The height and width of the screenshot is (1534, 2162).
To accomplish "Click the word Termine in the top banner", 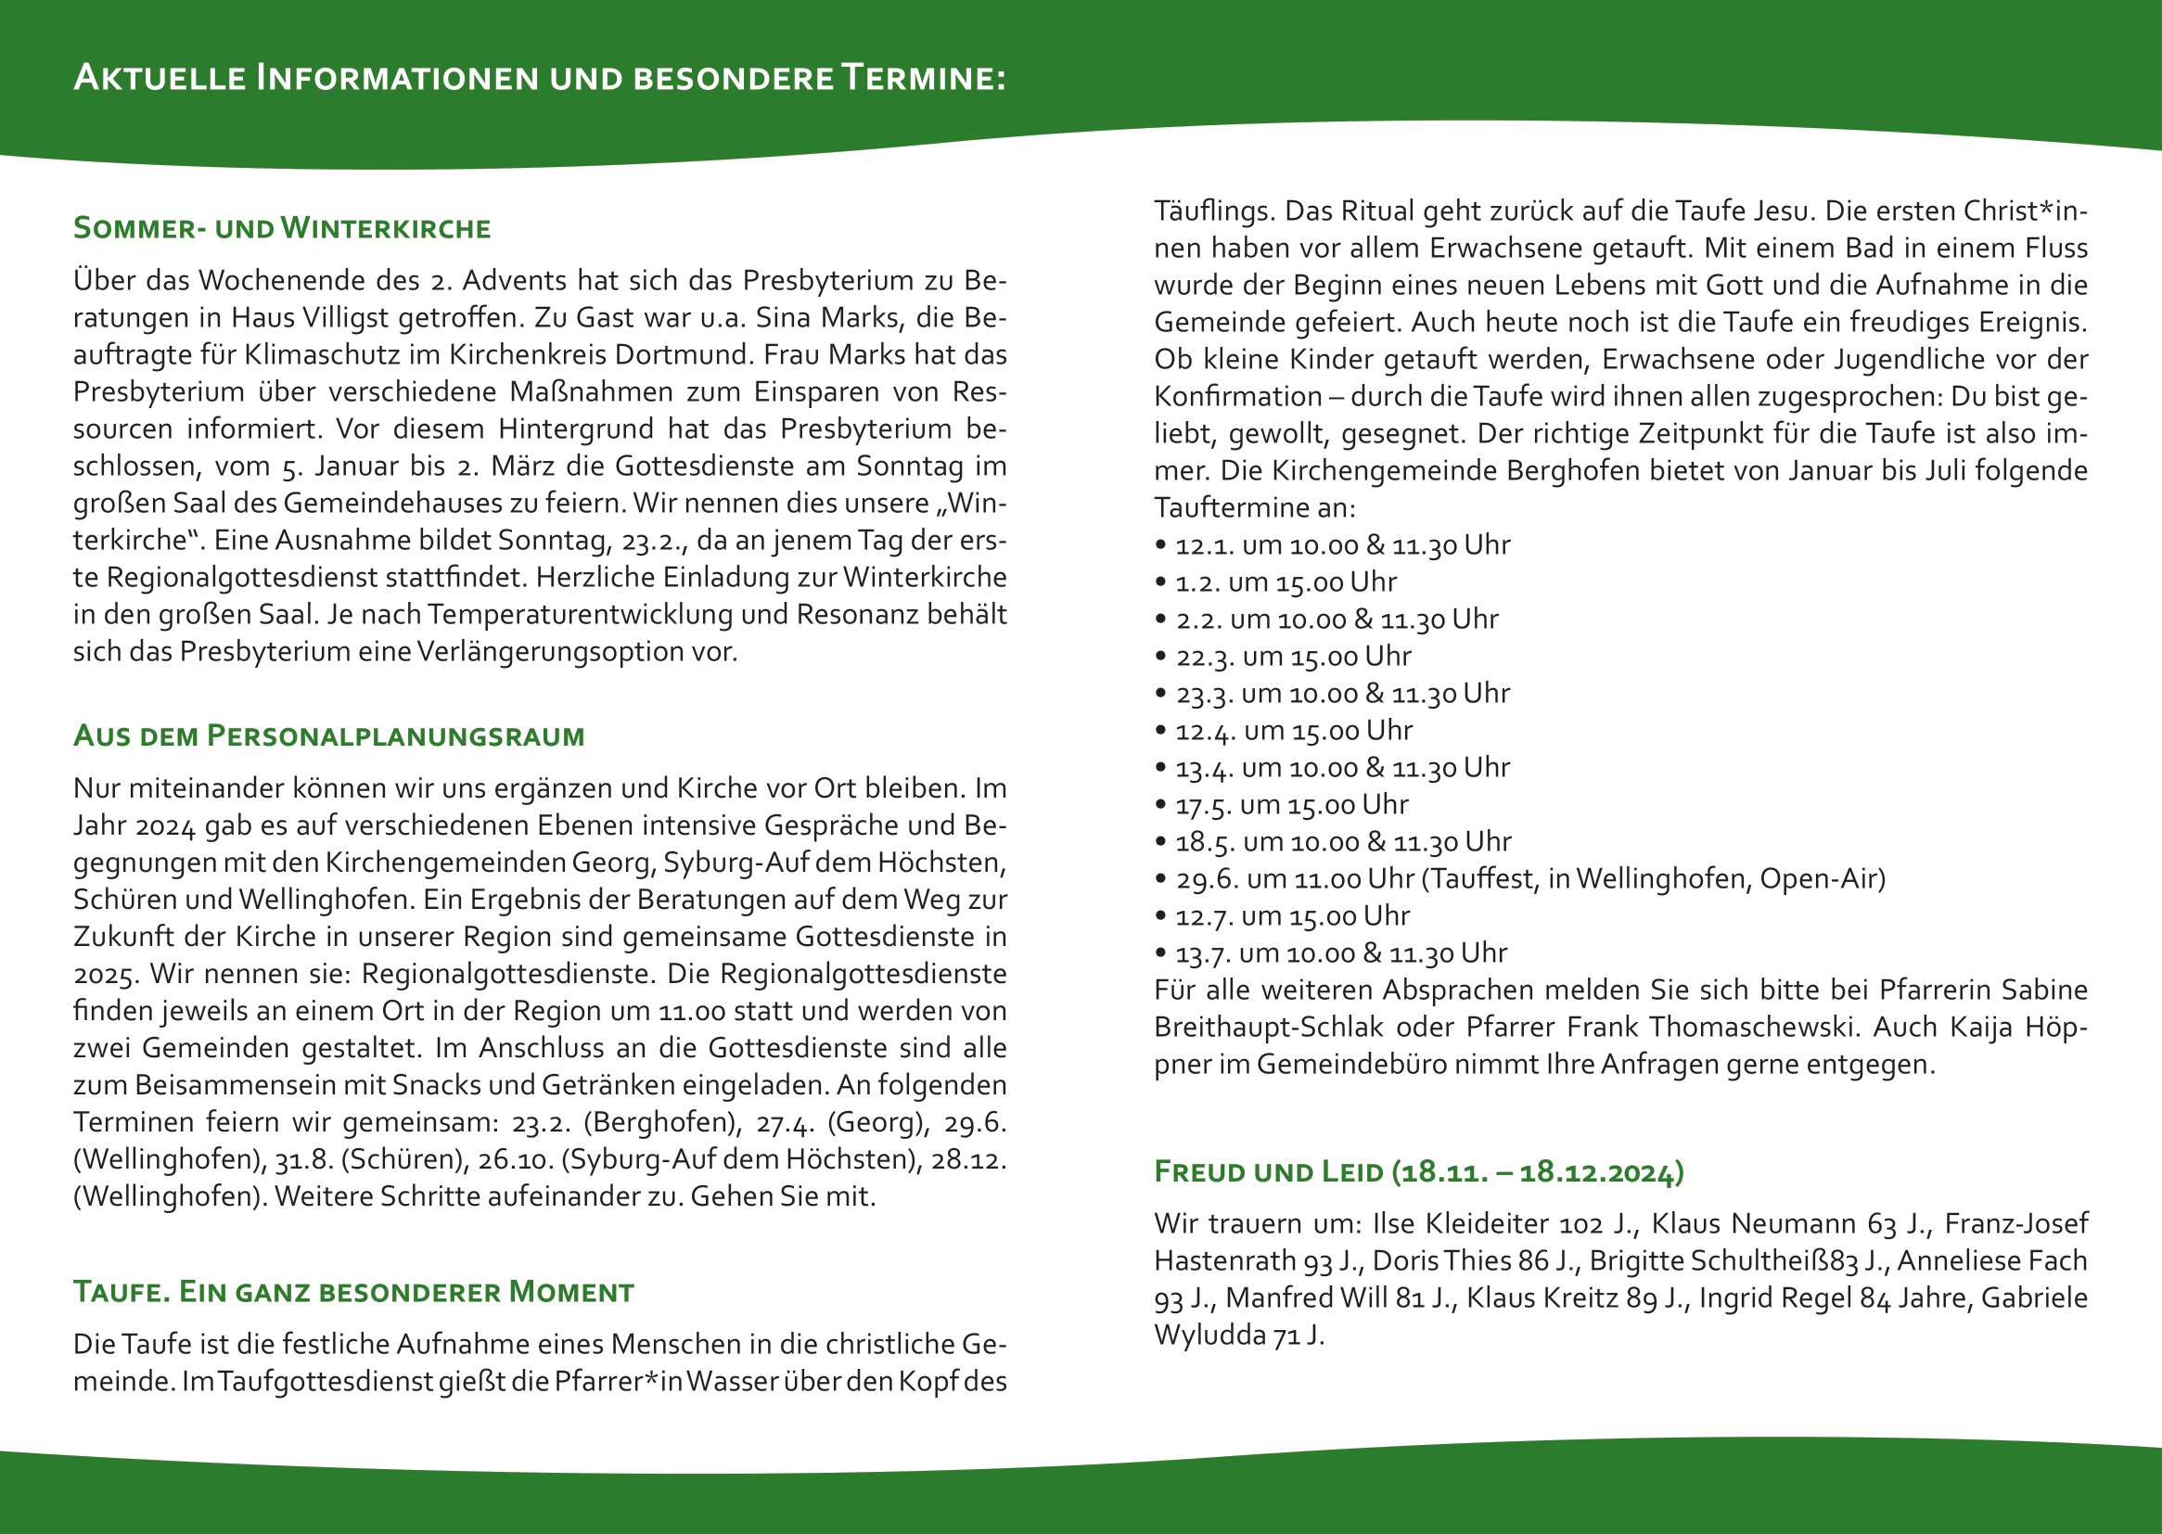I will click(923, 78).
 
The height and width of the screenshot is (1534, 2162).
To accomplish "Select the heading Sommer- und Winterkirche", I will click(281, 228).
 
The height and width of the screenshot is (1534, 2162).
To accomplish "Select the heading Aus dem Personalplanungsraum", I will click(328, 735).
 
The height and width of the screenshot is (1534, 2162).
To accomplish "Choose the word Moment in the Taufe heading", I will click(570, 1291).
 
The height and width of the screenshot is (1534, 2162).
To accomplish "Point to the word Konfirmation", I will click(1237, 397).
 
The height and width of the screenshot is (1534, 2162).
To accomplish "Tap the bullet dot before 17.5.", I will click(1161, 805).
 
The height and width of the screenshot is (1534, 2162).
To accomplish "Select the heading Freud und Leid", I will click(1268, 1172).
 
